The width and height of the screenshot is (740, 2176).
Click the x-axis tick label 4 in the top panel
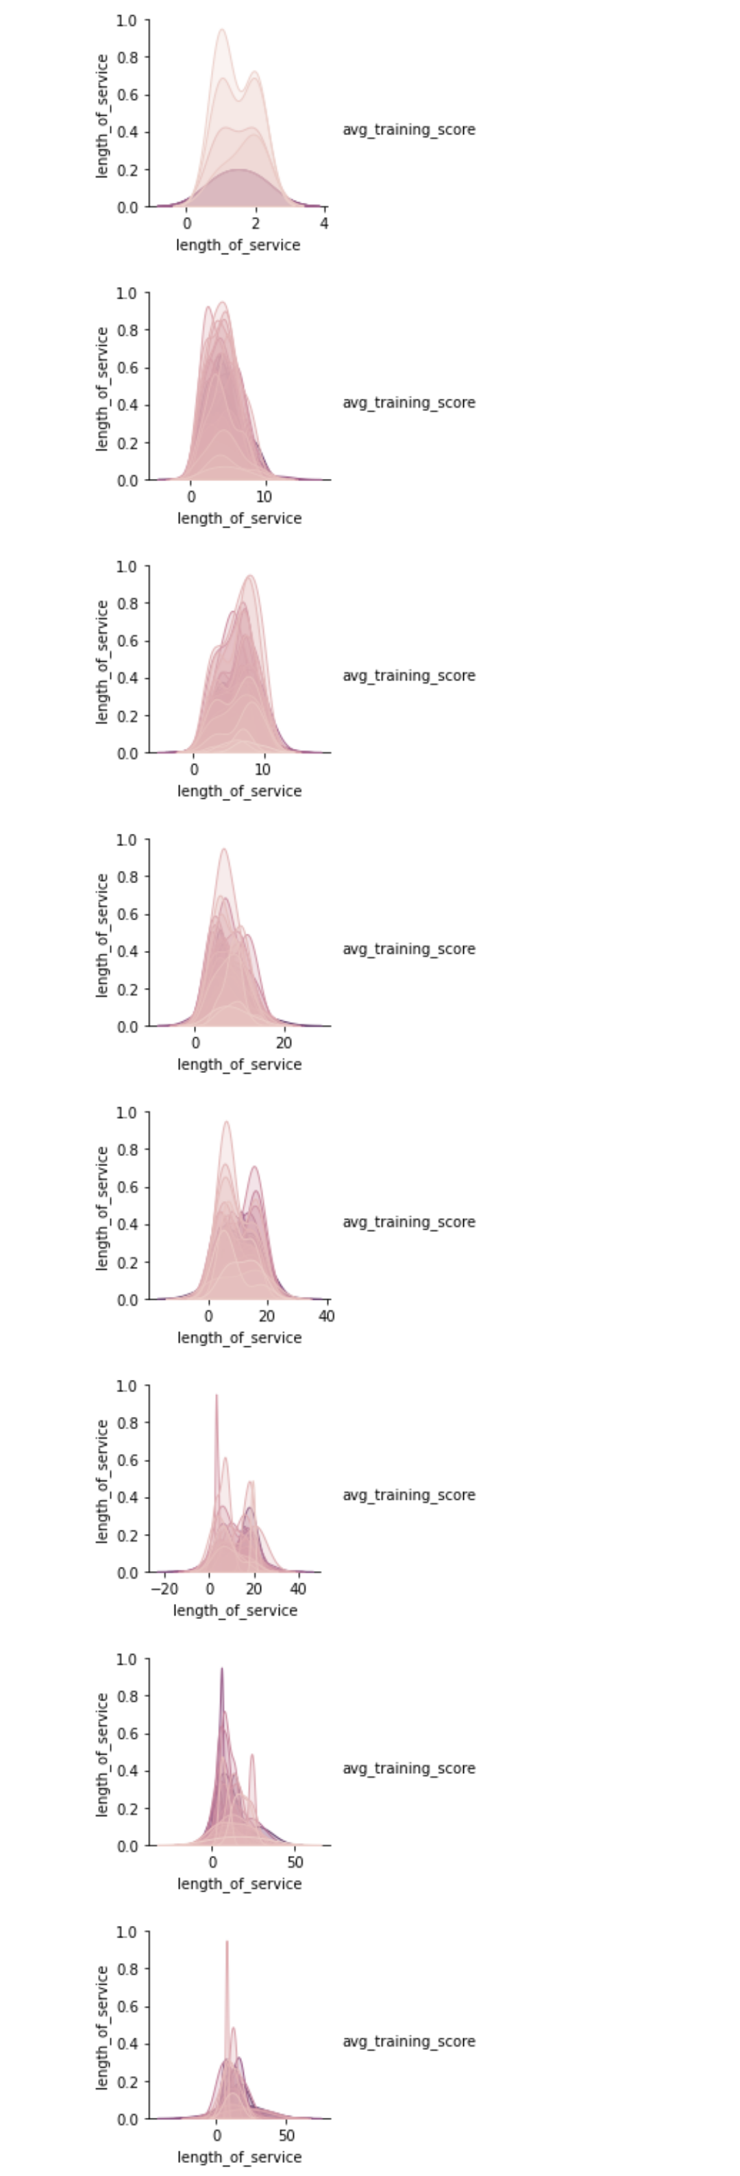pos(324,224)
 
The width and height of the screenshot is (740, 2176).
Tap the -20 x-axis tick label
pos(164,1589)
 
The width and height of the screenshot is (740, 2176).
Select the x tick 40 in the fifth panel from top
pos(327,1316)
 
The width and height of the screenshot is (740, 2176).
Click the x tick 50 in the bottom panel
pos(287,2136)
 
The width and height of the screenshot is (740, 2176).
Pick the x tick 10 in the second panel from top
pos(264,497)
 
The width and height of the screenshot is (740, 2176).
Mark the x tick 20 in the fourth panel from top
pos(284,1043)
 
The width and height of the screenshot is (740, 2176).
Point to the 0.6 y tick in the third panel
pos(127,641)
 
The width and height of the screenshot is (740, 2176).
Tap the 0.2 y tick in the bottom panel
pos(127,2081)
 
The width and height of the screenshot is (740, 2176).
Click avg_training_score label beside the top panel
pos(409,129)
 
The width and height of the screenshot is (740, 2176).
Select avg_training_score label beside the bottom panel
pos(409,2041)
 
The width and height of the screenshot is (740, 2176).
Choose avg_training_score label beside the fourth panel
pos(409,949)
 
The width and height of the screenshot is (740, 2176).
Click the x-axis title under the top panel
pos(238,245)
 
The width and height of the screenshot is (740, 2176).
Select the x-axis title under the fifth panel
pos(239,1337)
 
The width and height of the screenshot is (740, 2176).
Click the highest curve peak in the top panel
pos(221,30)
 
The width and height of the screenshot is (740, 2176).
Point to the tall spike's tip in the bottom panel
pos(226,1942)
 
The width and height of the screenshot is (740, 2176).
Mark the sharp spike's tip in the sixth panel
pos(217,1396)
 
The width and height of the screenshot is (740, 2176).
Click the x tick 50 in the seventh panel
pos(295,1863)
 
